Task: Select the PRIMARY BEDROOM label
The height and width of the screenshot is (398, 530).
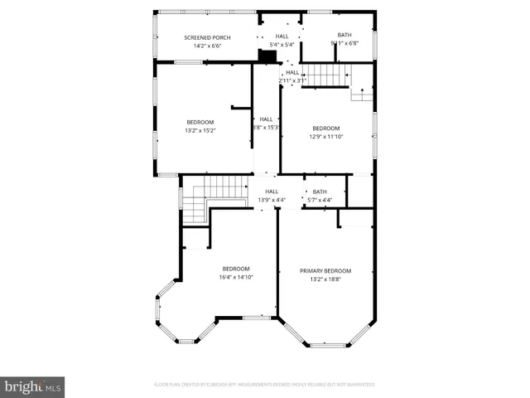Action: (x=325, y=271)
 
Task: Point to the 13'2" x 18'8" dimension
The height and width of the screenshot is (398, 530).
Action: (x=325, y=279)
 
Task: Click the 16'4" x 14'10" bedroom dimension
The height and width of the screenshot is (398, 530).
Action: (x=236, y=277)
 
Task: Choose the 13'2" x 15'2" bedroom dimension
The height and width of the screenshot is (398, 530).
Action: (x=200, y=130)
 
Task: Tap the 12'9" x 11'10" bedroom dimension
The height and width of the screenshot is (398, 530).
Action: (x=325, y=136)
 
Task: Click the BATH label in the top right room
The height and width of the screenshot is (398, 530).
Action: (x=344, y=35)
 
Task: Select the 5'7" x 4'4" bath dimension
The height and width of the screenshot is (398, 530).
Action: (x=320, y=200)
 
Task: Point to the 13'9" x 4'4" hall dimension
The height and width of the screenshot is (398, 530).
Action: (x=272, y=200)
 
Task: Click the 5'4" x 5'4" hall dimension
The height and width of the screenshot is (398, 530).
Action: (x=282, y=45)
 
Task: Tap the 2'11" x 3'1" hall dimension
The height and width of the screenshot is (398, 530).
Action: (x=292, y=80)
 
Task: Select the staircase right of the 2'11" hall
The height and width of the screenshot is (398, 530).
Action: (x=325, y=75)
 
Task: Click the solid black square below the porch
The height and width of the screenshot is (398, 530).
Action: (x=268, y=56)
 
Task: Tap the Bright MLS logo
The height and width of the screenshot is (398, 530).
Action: (x=32, y=386)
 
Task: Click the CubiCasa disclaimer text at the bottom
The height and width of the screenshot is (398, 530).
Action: (x=265, y=385)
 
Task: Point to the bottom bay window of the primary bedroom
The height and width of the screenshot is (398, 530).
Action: (x=328, y=345)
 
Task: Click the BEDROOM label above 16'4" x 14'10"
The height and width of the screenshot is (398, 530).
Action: (x=236, y=269)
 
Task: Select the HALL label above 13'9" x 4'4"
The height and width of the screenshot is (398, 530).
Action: (x=272, y=192)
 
